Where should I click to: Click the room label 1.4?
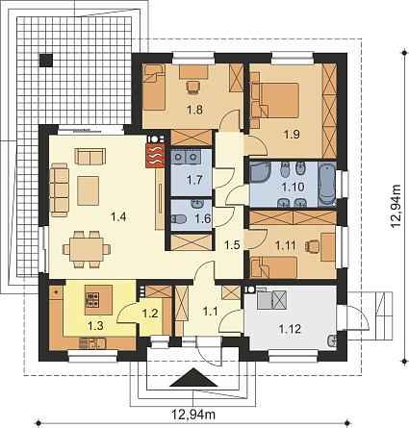pyautogui.click(x=118, y=217)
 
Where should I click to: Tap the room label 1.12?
pyautogui.click(x=290, y=329)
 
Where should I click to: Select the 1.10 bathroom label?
pyautogui.click(x=293, y=187)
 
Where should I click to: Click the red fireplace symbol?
pyautogui.click(x=155, y=156)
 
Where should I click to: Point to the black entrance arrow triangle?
pyautogui.click(x=193, y=378)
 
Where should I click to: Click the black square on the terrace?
pyautogui.click(x=46, y=60)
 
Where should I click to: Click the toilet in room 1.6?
pyautogui.click(x=179, y=219)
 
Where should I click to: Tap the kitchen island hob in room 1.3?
pyautogui.click(x=92, y=299)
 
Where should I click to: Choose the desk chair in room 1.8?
pyautogui.click(x=193, y=88)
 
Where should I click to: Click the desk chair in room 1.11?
pyautogui.click(x=313, y=246)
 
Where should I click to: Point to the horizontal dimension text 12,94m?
pyautogui.click(x=193, y=415)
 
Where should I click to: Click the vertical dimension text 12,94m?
pyautogui.click(x=396, y=206)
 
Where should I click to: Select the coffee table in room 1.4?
pyautogui.click(x=88, y=190)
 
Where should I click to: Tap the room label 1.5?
pyautogui.click(x=232, y=245)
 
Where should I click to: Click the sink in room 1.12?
pyautogui.click(x=332, y=340)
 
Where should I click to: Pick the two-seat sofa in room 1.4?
pyautogui.click(x=90, y=156)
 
